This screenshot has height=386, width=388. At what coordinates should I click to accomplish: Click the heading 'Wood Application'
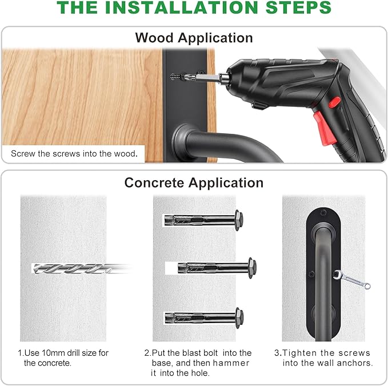point(194,38)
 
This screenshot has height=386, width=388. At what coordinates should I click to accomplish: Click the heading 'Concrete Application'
point(194,182)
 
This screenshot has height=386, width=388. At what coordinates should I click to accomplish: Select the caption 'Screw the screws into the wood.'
point(74,154)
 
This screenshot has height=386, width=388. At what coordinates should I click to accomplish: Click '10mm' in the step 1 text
point(51,353)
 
